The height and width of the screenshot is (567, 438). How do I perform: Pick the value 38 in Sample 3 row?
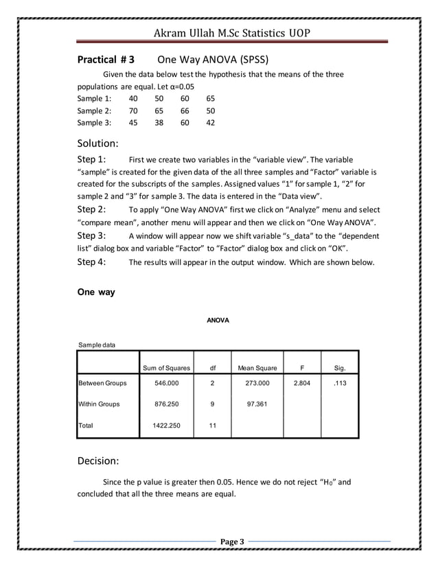[159, 124]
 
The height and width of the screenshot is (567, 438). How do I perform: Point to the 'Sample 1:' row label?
[94, 98]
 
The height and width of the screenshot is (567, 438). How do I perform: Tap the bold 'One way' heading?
[96, 292]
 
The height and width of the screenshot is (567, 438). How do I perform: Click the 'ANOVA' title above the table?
[218, 321]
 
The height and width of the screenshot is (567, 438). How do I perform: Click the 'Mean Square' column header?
[257, 368]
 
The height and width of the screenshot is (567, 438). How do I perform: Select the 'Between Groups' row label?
[103, 383]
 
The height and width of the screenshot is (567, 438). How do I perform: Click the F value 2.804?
[302, 383]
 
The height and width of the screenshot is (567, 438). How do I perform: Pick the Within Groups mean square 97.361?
[257, 404]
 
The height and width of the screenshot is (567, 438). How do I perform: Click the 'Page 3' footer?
[232, 543]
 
